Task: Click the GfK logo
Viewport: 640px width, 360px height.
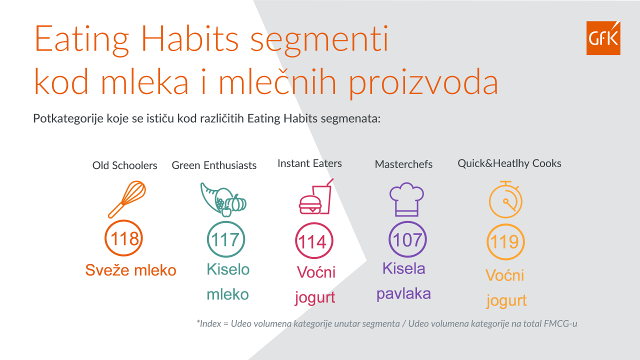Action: click(603, 37)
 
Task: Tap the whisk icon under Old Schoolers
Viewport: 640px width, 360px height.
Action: click(127, 199)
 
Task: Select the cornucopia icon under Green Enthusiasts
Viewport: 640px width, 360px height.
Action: click(223, 199)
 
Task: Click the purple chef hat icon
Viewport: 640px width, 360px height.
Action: click(406, 199)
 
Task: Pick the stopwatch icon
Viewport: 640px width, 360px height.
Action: click(505, 199)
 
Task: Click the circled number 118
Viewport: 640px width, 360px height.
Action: click(123, 238)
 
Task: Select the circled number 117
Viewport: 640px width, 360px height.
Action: click(225, 239)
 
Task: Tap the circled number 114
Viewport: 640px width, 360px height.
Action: click(314, 241)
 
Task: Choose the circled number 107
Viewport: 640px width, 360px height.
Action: click(407, 239)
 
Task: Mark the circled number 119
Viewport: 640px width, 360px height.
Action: click(505, 242)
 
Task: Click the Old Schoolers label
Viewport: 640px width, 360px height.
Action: click(124, 165)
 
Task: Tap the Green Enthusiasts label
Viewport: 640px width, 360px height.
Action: click(214, 165)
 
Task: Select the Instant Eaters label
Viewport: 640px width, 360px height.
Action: click(309, 163)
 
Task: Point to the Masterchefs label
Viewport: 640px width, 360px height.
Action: click(403, 164)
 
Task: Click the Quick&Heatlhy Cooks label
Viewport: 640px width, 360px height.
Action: click(509, 163)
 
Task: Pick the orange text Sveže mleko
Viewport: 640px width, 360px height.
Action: click(130, 269)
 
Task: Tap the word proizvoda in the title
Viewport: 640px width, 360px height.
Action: click(423, 82)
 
